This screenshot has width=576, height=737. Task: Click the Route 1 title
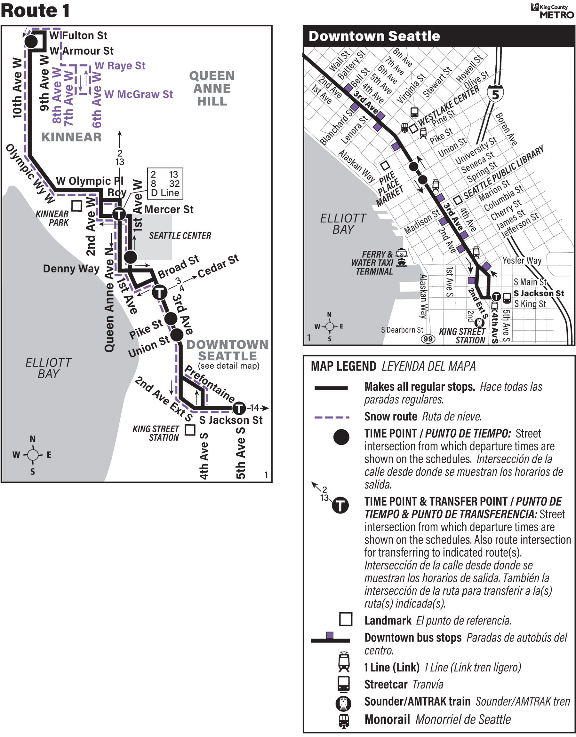(x=35, y=11)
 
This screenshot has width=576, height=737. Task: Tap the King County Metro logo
(x=552, y=11)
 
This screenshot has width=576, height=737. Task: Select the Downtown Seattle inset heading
(x=374, y=36)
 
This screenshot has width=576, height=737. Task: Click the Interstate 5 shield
(x=495, y=94)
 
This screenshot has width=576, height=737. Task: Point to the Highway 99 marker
(x=428, y=339)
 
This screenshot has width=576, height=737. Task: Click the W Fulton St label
(x=78, y=35)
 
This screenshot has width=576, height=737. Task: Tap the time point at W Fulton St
(x=31, y=42)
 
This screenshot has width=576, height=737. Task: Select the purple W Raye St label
(x=120, y=66)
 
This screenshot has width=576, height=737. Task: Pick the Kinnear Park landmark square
(x=77, y=206)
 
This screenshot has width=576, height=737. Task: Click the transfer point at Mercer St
(x=119, y=214)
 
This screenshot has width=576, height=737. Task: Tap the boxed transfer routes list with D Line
(x=165, y=184)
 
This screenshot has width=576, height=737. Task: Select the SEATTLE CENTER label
(x=180, y=236)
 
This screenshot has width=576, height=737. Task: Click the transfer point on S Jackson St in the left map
(x=239, y=408)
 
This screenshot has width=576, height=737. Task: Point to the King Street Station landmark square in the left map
(x=190, y=430)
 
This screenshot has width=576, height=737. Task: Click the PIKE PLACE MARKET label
(x=390, y=189)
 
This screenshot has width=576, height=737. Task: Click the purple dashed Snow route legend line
(x=332, y=418)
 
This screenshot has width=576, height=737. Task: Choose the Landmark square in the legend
(x=346, y=620)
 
